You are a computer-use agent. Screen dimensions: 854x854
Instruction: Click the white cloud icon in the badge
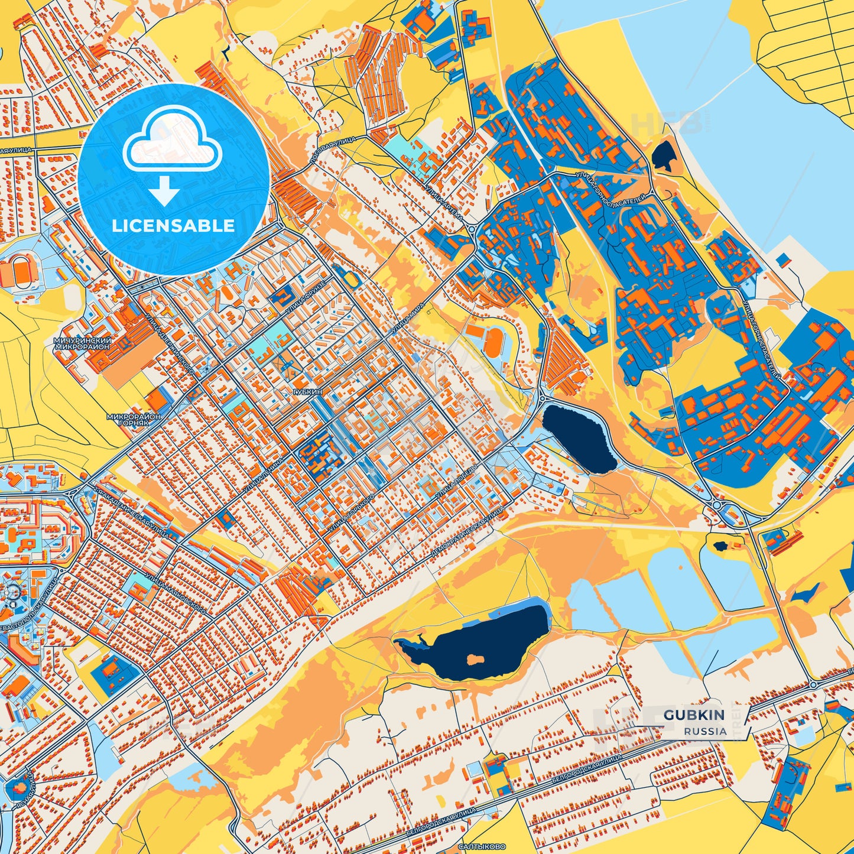click(x=172, y=141)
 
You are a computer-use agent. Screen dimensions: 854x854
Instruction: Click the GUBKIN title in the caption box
click(x=694, y=715)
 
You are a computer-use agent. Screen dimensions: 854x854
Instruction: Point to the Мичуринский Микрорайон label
click(x=82, y=344)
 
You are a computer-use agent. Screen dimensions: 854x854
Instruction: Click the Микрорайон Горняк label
click(x=134, y=420)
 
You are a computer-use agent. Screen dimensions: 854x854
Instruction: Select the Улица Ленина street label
click(x=264, y=474)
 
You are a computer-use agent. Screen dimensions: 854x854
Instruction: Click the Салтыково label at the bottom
click(x=477, y=847)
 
